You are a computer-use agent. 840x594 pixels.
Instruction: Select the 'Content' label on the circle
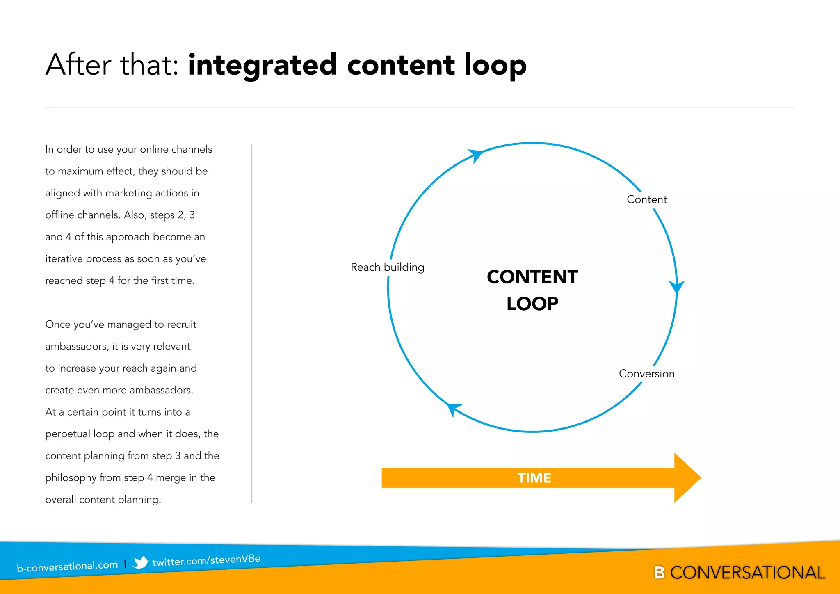[647, 199]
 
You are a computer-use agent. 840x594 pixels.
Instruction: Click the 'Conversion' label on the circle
[646, 374]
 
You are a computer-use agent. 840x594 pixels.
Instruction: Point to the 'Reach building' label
[387, 267]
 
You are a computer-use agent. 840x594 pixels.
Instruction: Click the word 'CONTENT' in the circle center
[532, 277]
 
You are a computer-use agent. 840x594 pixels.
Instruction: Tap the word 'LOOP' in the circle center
[532, 304]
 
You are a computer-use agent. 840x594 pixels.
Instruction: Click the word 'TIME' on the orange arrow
[534, 478]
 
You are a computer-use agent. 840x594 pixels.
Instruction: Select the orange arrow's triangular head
[686, 478]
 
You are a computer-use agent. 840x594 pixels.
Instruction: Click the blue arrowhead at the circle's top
[476, 155]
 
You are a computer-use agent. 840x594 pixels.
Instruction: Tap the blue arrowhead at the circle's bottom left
[453, 409]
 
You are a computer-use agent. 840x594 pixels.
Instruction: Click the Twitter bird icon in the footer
[140, 562]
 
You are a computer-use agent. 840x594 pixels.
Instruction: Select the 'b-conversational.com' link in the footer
[67, 567]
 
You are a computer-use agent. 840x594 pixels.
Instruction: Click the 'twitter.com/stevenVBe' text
[206, 560]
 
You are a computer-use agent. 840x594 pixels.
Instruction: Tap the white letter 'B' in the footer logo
[659, 573]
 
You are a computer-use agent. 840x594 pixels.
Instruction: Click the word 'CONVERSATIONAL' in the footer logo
[747, 573]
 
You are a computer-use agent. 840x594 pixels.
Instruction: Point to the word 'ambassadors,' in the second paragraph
[77, 347]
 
